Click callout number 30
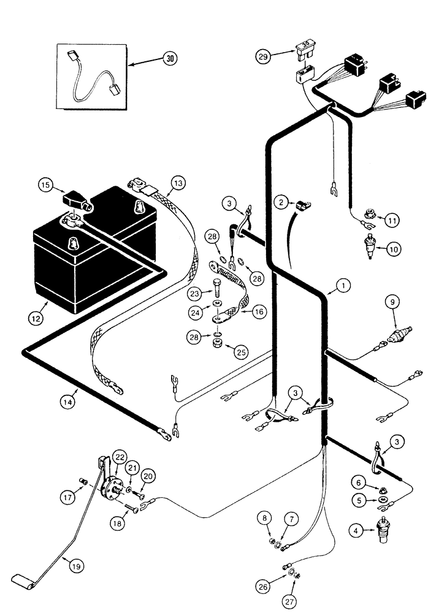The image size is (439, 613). click(169, 59)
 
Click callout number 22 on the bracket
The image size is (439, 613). click(119, 457)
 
